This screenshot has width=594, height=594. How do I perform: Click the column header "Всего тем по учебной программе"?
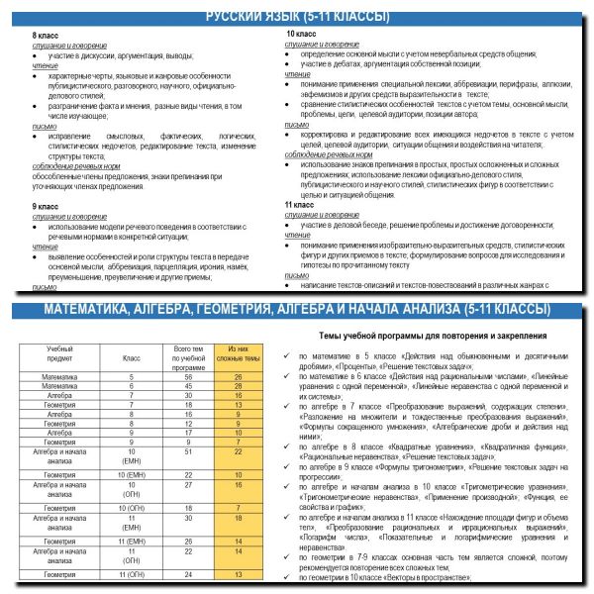click(187, 357)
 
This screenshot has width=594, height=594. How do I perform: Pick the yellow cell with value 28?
click(238, 377)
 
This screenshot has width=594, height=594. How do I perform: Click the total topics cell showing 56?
click(187, 377)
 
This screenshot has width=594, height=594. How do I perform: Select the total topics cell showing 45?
click(187, 387)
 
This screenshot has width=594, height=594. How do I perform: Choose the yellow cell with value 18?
click(238, 517)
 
